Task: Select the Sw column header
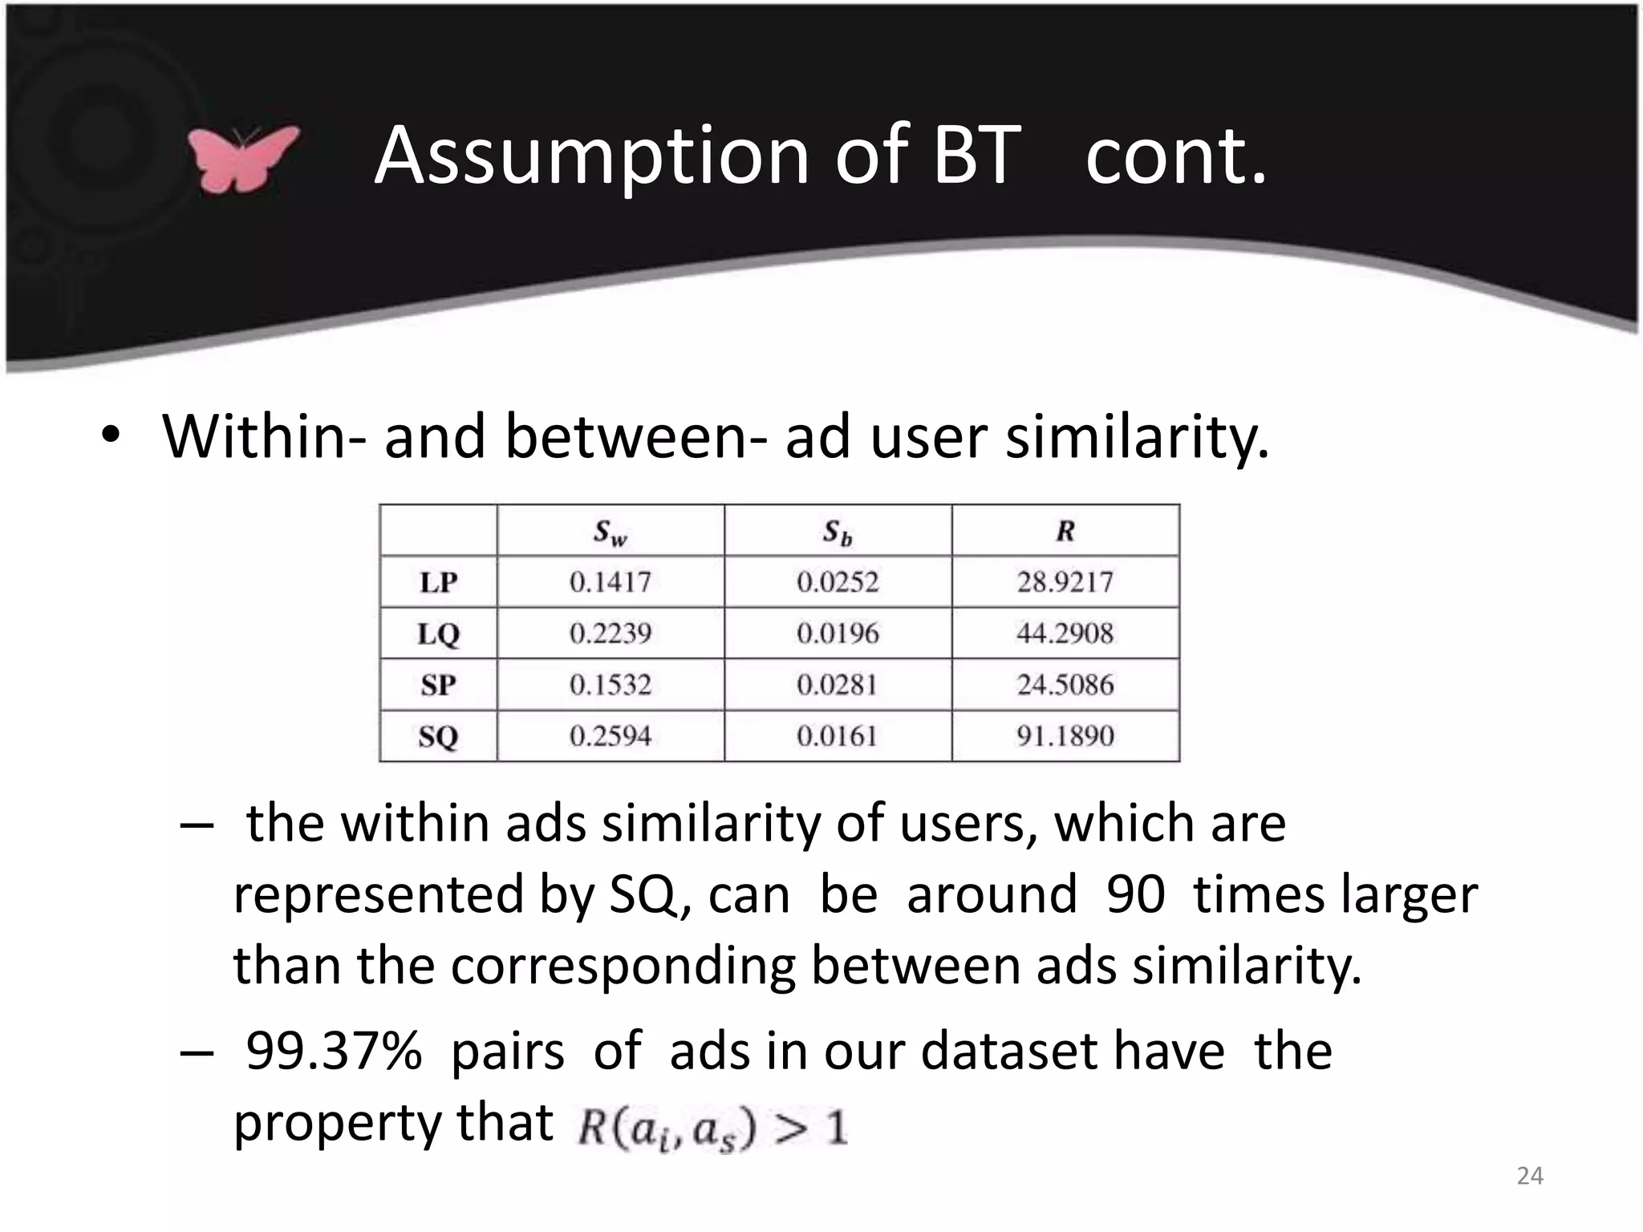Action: point(610,532)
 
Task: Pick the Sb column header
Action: point(838,532)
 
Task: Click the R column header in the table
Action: point(1065,531)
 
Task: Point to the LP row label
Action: point(438,582)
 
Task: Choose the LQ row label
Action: point(438,634)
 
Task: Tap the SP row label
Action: point(438,685)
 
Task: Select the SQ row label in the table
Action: point(438,736)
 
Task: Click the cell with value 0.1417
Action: point(611,582)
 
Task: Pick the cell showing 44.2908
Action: point(1065,634)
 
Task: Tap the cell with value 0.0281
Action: point(838,685)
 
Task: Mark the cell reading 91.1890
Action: point(1065,736)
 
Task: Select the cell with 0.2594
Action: point(611,736)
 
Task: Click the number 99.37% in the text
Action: point(333,1051)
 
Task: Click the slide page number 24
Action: point(1530,1176)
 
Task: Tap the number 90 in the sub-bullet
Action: point(1135,894)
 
